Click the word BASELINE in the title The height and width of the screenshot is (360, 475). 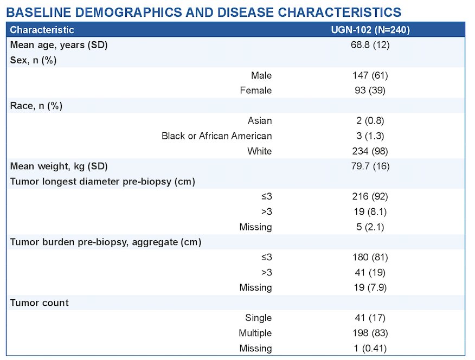click(x=38, y=12)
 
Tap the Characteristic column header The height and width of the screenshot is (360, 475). click(x=42, y=30)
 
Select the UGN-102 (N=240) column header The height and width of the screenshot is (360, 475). click(x=370, y=30)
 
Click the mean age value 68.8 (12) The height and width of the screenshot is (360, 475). click(x=370, y=45)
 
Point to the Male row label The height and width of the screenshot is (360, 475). click(x=261, y=75)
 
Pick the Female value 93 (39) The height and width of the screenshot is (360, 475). click(x=370, y=90)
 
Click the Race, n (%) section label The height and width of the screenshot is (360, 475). click(x=36, y=106)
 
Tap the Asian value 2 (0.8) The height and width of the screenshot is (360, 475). click(x=370, y=120)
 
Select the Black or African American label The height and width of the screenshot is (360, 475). click(x=216, y=136)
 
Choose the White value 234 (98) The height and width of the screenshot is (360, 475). click(x=370, y=151)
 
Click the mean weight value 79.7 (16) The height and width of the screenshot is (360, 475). click(x=370, y=166)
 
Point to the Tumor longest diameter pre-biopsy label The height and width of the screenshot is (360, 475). click(x=102, y=182)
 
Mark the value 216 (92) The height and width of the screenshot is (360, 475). click(x=370, y=196)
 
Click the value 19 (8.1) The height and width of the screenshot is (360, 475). click(x=370, y=211)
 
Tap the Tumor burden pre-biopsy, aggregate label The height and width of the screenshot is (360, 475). click(x=106, y=242)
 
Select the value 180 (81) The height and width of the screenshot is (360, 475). click(x=370, y=257)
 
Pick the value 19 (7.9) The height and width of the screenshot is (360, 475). click(x=370, y=287)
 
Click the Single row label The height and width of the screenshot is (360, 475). click(x=259, y=318)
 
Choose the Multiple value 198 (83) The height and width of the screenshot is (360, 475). click(x=370, y=333)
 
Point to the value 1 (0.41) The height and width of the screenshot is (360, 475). click(x=370, y=348)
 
